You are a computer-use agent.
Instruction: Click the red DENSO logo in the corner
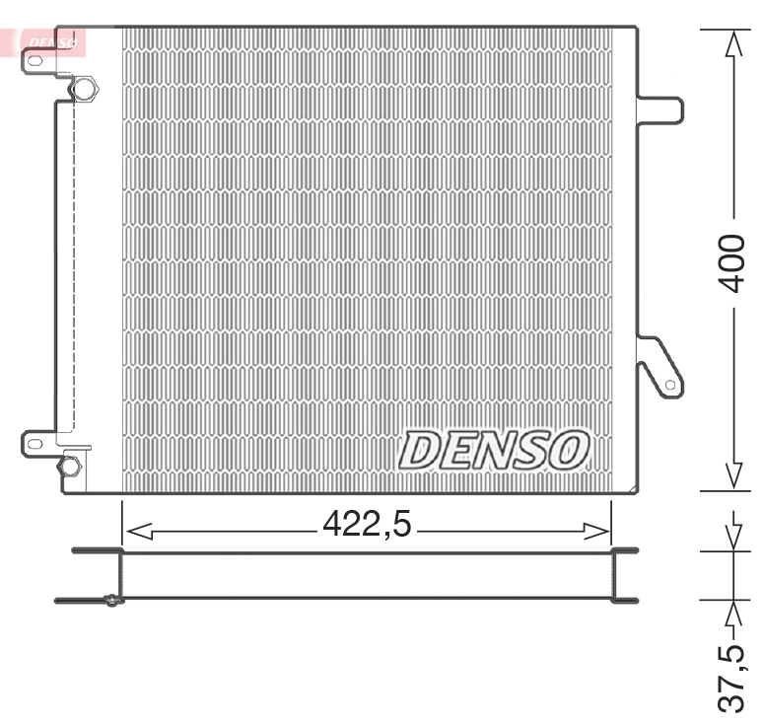tap(49, 42)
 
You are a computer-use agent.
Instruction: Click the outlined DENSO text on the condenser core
tap(494, 450)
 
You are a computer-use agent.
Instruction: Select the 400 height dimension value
tap(730, 262)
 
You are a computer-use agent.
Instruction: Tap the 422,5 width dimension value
tap(366, 525)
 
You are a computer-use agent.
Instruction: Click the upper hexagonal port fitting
tap(83, 91)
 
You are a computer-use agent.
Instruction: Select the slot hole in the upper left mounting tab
tap(35, 60)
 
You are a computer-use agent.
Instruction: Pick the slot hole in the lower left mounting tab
tap(35, 444)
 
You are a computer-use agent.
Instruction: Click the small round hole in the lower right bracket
tap(670, 384)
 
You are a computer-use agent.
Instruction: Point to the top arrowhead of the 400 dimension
tap(732, 45)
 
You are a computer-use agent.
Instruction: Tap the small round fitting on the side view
tap(112, 600)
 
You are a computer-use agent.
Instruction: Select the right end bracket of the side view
tap(620, 575)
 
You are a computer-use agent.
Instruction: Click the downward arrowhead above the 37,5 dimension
tap(732, 534)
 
